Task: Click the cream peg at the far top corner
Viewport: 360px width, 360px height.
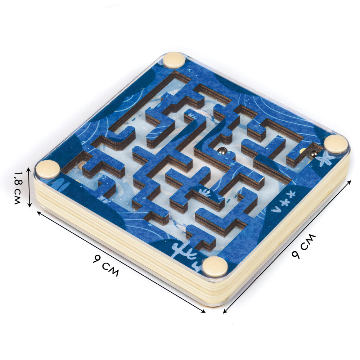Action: (x=174, y=60)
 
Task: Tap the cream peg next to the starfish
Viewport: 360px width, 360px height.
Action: (x=336, y=144)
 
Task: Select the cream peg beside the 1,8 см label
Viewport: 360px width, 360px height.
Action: (x=48, y=169)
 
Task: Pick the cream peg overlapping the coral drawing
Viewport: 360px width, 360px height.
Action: (x=215, y=266)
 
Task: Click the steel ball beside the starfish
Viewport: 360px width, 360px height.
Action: (x=313, y=154)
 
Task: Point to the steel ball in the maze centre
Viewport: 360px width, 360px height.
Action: (x=222, y=151)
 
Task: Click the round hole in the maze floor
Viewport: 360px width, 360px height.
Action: (x=81, y=166)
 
